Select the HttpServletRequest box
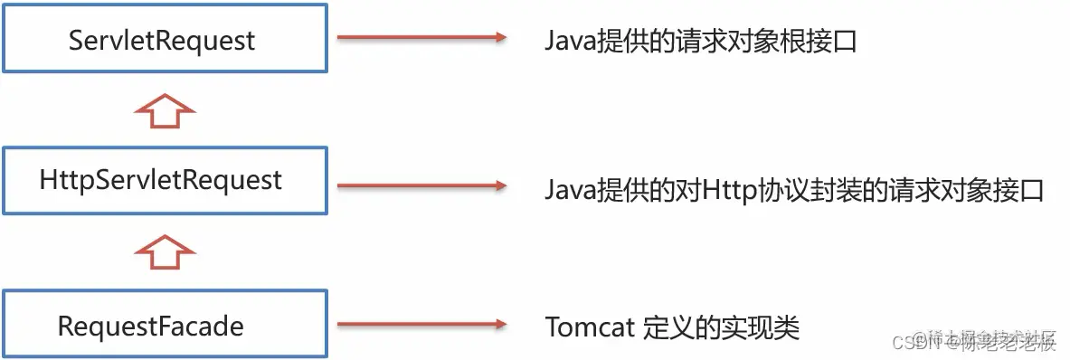[x=164, y=181]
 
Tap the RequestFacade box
[x=164, y=324]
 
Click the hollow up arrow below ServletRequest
[x=164, y=110]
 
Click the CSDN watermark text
[x=904, y=342]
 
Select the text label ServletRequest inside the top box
[x=163, y=40]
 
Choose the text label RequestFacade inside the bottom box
[x=151, y=326]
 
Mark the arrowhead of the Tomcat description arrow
[x=496, y=325]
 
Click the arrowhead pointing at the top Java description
[x=496, y=38]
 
